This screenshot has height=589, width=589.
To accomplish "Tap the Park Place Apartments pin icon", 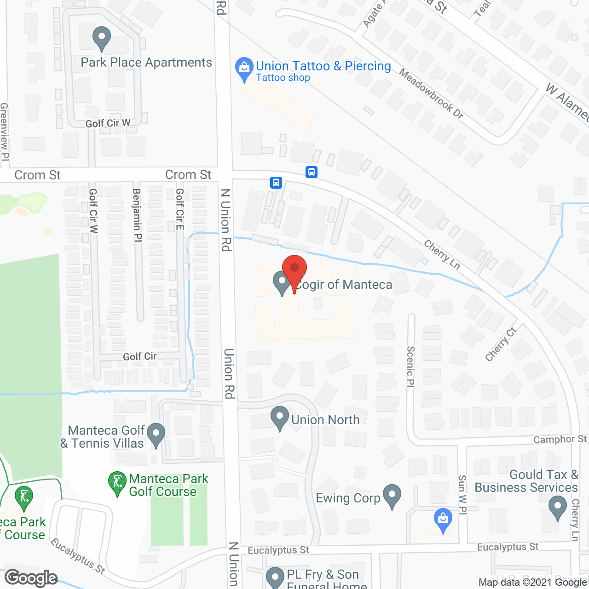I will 102,39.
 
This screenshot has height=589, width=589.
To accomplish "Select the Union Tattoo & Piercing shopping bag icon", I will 244,69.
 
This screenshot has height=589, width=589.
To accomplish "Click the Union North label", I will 325,420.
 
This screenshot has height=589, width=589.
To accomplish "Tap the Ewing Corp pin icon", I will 392,497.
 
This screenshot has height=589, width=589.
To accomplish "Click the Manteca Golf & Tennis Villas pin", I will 156,435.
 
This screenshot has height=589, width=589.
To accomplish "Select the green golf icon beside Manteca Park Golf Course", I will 117,483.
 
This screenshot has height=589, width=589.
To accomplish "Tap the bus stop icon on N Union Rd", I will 276,183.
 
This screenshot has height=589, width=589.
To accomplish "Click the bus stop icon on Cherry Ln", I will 312,172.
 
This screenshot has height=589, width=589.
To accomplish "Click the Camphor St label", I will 560,439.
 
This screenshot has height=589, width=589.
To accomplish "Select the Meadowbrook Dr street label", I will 431,93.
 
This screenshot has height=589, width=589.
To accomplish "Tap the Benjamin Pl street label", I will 137,215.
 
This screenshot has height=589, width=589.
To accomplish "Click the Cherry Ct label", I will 501,344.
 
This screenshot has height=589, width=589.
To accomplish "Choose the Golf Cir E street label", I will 180,209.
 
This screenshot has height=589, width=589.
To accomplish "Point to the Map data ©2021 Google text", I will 532,583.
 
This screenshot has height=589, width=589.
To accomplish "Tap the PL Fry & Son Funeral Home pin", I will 275,577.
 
